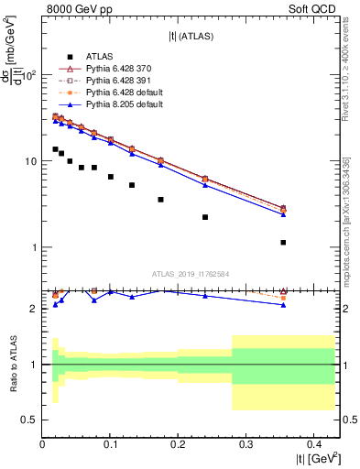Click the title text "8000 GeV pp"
click(77, 9)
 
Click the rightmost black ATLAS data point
click(284, 243)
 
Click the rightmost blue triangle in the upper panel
click(284, 214)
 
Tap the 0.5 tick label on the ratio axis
click(29, 420)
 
